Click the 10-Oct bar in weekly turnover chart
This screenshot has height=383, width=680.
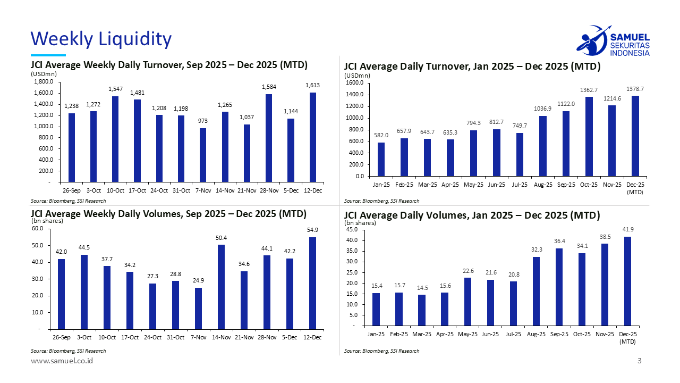tap(115, 139)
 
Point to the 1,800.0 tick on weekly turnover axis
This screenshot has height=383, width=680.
tap(44, 82)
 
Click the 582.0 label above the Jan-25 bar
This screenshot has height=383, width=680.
tap(381, 136)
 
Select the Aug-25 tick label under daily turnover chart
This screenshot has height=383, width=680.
tap(542, 185)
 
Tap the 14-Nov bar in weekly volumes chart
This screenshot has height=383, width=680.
tap(221, 287)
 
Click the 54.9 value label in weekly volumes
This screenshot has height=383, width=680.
tap(312, 229)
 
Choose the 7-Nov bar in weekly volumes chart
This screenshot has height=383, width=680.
tap(198, 309)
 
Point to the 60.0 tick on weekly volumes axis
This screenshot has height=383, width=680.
tap(38, 229)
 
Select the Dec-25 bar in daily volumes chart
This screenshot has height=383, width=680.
tap(627, 281)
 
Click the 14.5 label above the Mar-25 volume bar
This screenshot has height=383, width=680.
tap(422, 288)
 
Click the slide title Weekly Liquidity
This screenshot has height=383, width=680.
tap(101, 39)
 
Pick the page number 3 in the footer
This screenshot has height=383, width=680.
tap(640, 361)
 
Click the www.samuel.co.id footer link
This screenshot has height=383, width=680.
tap(62, 361)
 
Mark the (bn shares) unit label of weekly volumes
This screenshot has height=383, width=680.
tap(47, 221)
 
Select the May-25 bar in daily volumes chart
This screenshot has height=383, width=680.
tap(467, 301)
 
